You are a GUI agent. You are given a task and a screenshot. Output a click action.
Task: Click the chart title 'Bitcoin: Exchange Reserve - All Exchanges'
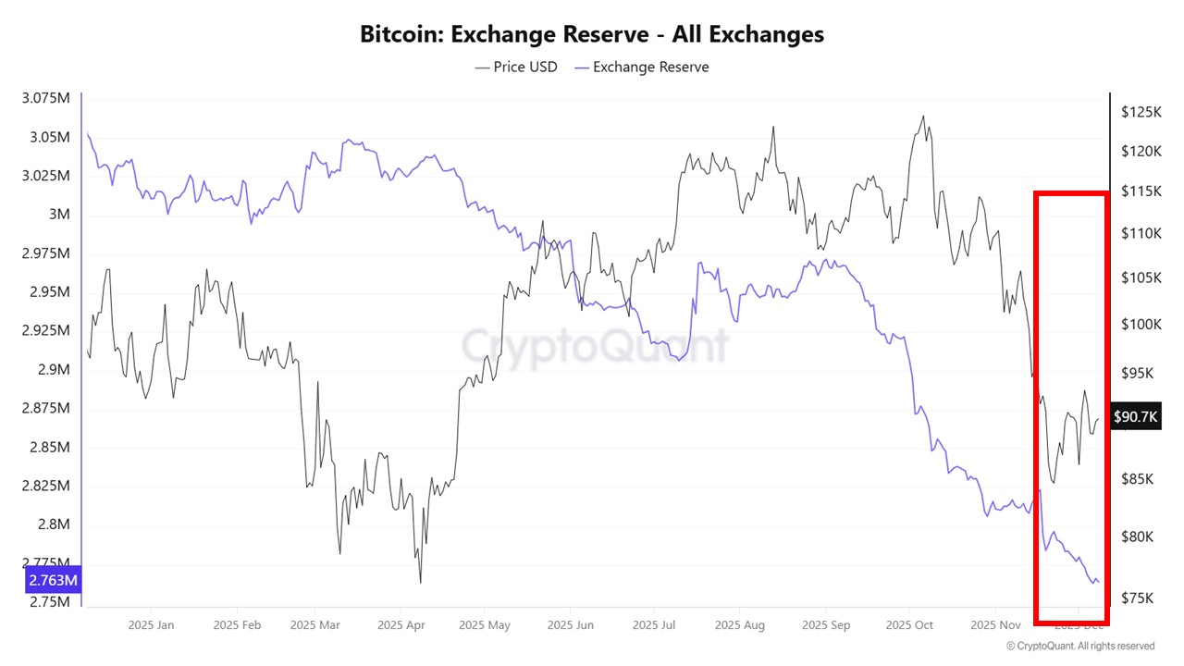(592, 35)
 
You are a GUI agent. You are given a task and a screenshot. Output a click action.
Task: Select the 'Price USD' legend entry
(516, 67)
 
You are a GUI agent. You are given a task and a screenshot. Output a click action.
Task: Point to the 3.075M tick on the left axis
(45, 99)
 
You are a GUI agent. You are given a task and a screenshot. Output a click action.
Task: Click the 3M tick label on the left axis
(59, 215)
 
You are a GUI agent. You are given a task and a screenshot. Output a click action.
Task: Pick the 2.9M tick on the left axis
(53, 369)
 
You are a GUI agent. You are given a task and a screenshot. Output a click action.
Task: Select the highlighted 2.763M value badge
(53, 581)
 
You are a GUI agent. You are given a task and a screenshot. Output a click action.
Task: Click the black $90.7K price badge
(1135, 417)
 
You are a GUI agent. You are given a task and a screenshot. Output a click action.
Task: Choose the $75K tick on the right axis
(1137, 598)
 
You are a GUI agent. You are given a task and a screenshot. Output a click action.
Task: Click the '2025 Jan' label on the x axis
(153, 624)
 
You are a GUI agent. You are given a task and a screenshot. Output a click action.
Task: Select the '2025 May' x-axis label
(485, 624)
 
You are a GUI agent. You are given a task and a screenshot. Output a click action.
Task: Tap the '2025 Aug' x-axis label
(739, 624)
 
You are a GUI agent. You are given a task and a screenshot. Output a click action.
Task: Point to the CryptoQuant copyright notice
(1079, 646)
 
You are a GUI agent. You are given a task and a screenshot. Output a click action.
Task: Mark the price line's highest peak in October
(922, 117)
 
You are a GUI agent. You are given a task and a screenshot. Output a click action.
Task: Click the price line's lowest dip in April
(420, 583)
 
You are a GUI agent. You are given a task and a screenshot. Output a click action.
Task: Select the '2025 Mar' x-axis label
(315, 624)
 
